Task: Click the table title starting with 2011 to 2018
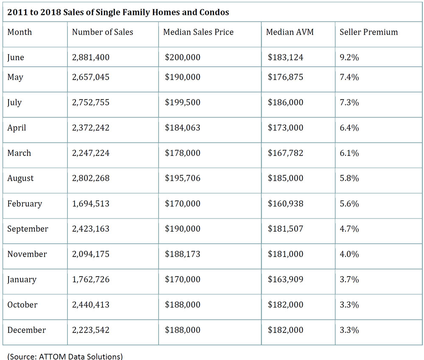[118, 12]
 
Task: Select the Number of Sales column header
[103, 32]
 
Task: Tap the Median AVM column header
[290, 32]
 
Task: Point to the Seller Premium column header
[369, 32]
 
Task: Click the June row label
[16, 58]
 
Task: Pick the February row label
[25, 204]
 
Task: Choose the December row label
[26, 330]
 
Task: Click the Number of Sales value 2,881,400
[91, 58]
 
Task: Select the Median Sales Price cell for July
[182, 102]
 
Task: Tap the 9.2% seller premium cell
[349, 58]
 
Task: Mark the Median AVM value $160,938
[285, 204]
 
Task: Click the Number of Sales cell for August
[91, 178]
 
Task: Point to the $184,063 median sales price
[182, 128]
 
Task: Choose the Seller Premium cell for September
[349, 229]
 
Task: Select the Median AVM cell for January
[285, 279]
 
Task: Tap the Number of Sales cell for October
[91, 305]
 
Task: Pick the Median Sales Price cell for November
[182, 254]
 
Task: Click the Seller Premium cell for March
[349, 153]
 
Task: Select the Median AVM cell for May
[285, 77]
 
